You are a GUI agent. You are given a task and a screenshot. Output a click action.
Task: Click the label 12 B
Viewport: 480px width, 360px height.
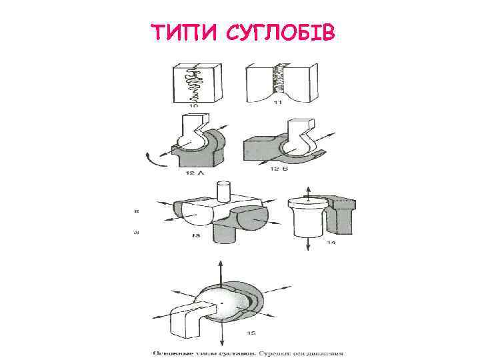coord(281,169)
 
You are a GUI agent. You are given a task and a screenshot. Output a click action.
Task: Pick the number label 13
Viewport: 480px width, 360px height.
coord(196,236)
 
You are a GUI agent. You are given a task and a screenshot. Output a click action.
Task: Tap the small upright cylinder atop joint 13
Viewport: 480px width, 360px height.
coord(225,191)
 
